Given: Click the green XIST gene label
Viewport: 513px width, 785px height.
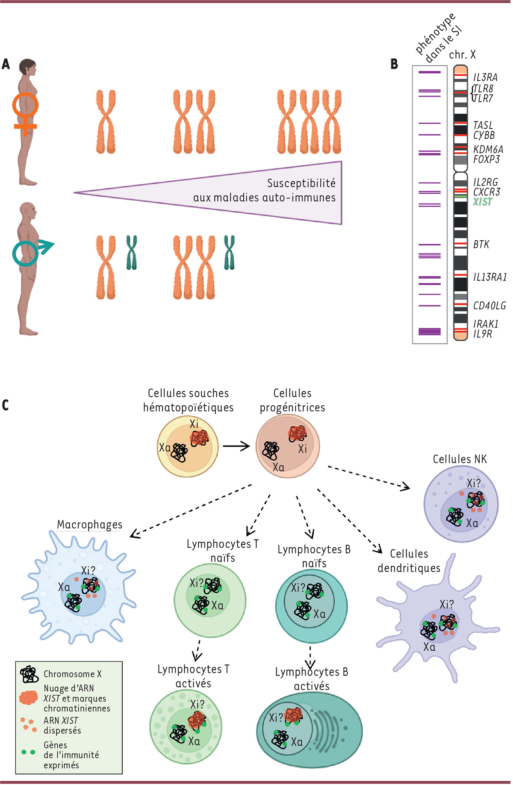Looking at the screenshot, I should (482, 202).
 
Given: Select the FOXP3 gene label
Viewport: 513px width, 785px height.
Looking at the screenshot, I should (486, 159).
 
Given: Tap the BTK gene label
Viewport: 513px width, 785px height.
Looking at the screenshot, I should (481, 245).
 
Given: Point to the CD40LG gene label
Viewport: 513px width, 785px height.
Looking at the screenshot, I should (489, 306).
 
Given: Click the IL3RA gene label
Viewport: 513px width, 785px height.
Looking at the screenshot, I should (485, 77).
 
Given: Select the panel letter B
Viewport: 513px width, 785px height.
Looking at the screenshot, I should (394, 64).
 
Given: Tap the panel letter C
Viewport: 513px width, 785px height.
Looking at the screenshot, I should (6, 405).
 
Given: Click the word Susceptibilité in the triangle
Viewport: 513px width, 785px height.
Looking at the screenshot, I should (301, 183).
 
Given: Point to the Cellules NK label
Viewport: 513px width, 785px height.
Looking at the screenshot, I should (460, 459).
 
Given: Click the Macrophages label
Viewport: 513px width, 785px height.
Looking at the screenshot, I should (90, 525).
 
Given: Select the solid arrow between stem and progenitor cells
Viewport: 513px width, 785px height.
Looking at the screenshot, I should (236, 446).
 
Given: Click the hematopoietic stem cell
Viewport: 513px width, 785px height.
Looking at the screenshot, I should (188, 447).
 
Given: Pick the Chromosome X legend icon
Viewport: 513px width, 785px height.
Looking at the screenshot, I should (29, 674).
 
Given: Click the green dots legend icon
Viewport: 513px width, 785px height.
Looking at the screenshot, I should (28, 752).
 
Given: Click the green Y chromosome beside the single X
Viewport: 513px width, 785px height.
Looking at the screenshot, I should (131, 253).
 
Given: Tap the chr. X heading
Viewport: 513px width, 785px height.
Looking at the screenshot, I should (462, 55).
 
